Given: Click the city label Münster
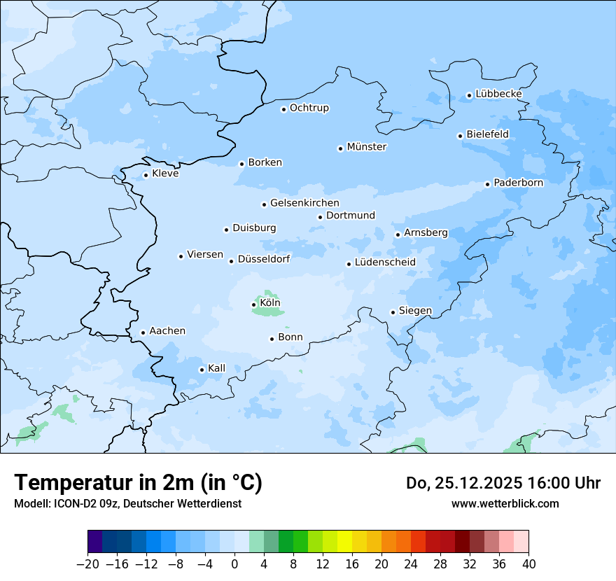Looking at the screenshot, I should click(367, 147).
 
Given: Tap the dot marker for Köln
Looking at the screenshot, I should click(254, 304).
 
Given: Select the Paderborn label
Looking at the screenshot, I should click(518, 183).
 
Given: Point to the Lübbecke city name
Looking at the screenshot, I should click(498, 94).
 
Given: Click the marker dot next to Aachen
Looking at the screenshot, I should click(143, 333).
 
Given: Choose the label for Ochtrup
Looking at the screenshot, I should click(309, 108).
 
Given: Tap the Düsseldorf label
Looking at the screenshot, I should click(264, 259).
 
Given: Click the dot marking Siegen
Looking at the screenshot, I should click(393, 312).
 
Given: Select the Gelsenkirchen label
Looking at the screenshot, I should click(304, 203).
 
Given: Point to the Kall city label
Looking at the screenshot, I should click(217, 368).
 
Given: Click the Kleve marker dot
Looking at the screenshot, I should click(146, 176).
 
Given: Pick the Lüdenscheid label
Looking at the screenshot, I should click(385, 262).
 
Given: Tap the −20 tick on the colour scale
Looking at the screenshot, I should click(87, 564).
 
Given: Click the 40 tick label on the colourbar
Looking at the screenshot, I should click(528, 564).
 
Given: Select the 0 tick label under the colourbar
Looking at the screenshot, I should click(234, 564).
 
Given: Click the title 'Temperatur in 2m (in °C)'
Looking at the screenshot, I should click(138, 483).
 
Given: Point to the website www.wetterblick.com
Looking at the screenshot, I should click(505, 503).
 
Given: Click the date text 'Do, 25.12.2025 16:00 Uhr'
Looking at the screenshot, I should click(503, 483).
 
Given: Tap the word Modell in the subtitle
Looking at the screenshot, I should click(29, 503).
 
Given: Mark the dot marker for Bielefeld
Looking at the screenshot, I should click(461, 136).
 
